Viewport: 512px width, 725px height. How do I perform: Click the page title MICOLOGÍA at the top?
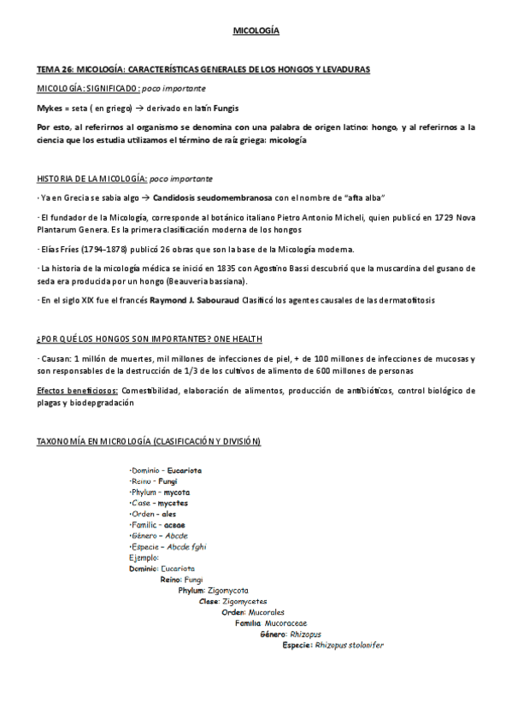pyautogui.click(x=256, y=32)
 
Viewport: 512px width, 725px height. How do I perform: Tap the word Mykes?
pyautogui.click(x=50, y=109)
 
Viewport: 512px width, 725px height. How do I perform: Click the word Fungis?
pyautogui.click(x=226, y=109)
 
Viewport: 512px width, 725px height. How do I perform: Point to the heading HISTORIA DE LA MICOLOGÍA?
pyautogui.click(x=91, y=180)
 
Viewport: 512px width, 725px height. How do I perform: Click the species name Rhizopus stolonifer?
pyautogui.click(x=350, y=645)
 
